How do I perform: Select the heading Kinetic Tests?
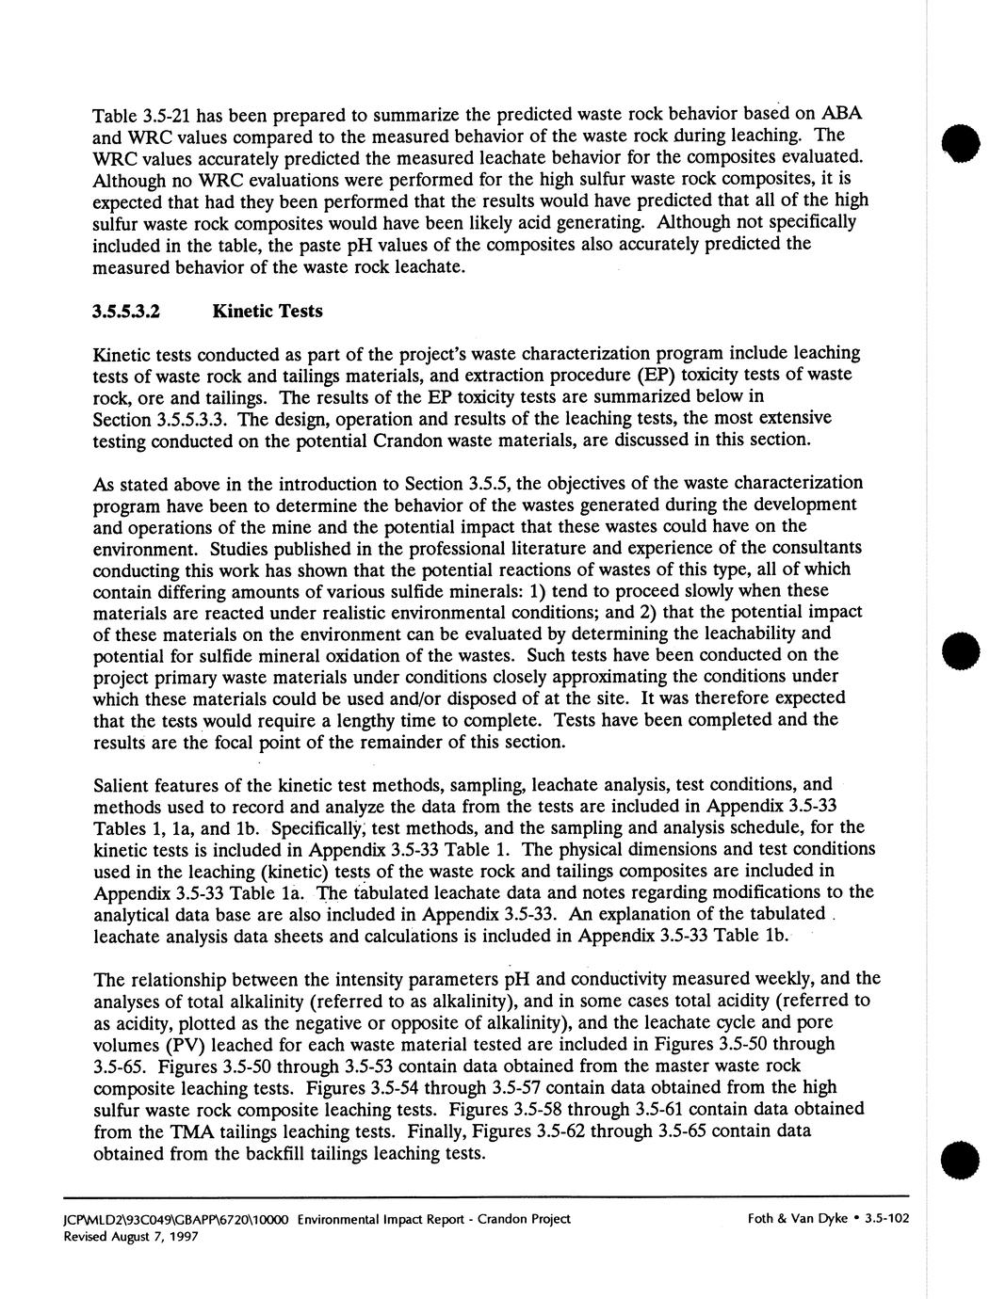[x=268, y=312]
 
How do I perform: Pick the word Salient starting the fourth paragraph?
[x=122, y=786]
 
